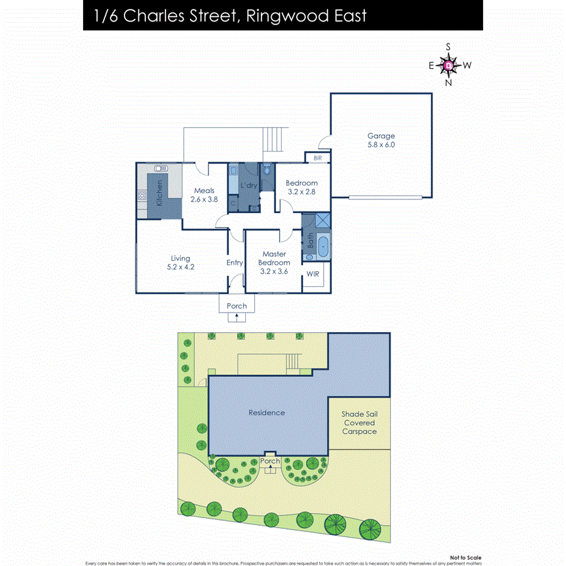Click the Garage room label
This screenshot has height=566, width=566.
[381, 136]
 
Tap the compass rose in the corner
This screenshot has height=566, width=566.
[448, 65]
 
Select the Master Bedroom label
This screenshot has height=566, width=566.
[275, 258]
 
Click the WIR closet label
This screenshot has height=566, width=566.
[313, 275]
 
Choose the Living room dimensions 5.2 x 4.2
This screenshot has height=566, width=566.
[180, 267]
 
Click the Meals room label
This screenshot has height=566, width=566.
[204, 191]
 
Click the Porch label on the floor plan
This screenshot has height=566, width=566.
[237, 306]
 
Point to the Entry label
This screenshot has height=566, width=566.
[235, 263]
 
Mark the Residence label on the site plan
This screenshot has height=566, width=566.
[267, 413]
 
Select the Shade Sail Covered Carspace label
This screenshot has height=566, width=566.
[359, 423]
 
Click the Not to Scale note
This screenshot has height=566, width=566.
[466, 557]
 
